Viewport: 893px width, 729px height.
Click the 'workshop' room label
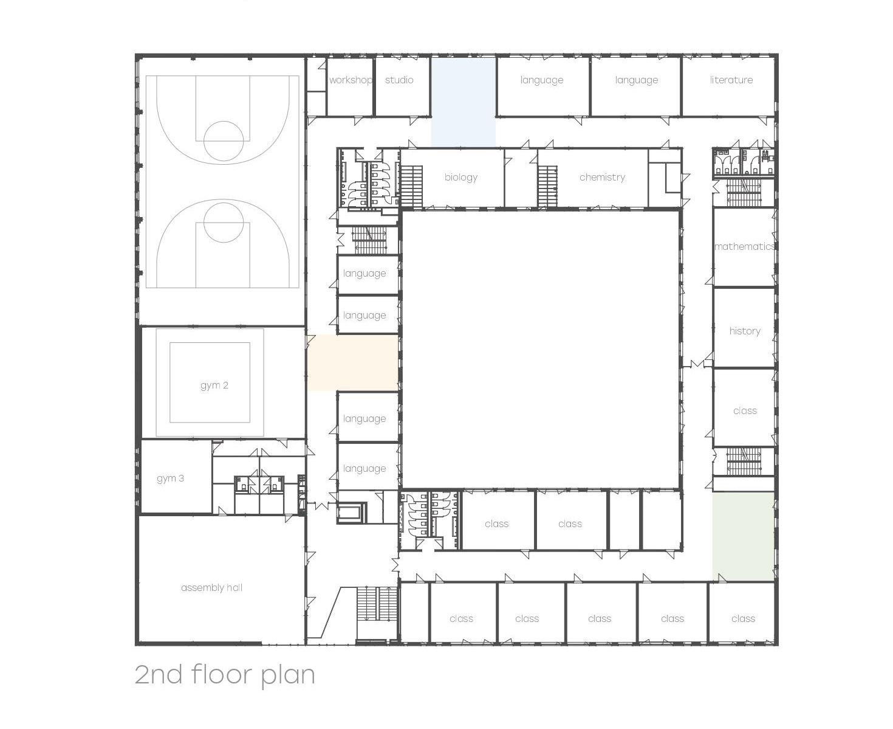point(351,80)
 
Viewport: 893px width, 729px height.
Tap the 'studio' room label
point(399,80)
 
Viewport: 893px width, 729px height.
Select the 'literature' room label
point(731,80)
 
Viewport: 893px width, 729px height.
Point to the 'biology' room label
point(460,177)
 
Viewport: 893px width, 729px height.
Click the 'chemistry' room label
point(602,177)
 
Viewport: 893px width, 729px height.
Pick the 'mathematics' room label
point(744,246)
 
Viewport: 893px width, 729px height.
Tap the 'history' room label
point(744,331)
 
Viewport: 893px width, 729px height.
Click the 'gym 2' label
point(214,385)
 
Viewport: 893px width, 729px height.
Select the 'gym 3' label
point(170,478)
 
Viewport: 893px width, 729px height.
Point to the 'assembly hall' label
point(212,587)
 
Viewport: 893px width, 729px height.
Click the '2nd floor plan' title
point(225,674)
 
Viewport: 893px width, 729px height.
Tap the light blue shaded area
point(464,102)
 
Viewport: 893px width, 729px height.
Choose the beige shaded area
point(353,362)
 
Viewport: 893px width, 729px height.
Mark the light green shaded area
point(744,536)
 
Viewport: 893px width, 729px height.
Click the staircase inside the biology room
point(411,187)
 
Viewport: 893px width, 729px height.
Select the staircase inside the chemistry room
point(547,187)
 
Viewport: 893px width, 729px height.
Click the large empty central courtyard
point(541,350)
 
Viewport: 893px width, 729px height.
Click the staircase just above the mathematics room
point(744,192)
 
